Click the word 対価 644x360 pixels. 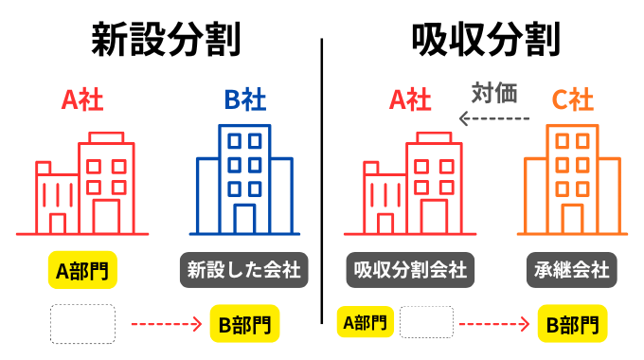point(493,93)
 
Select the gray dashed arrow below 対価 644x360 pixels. point(493,118)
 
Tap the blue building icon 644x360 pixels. point(244,180)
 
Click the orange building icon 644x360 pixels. point(572,180)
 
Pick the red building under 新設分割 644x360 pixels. point(83,185)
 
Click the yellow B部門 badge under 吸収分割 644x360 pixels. point(572,325)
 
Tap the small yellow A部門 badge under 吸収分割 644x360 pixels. point(366,322)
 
